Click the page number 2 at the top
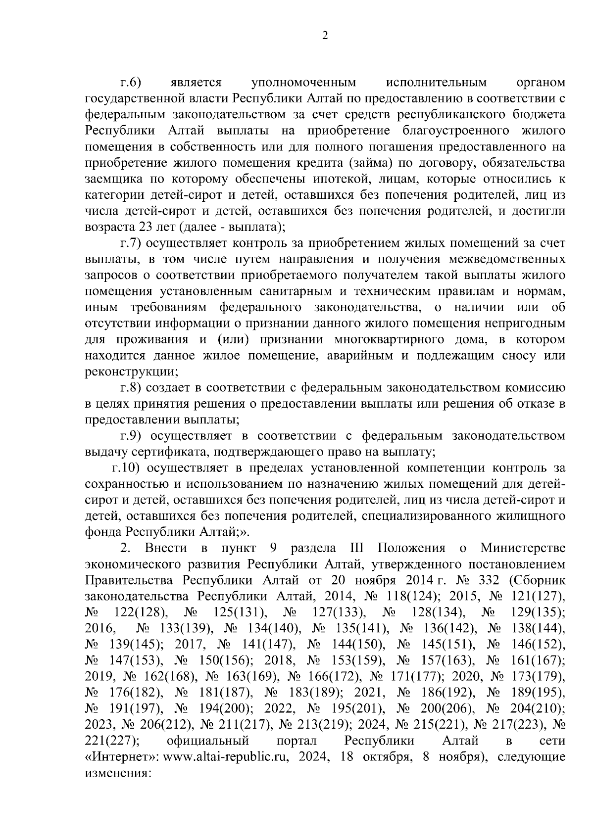tap(325, 35)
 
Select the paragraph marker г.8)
tap(131, 388)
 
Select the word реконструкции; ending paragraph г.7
tap(132, 372)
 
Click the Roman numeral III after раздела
tap(357, 549)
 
